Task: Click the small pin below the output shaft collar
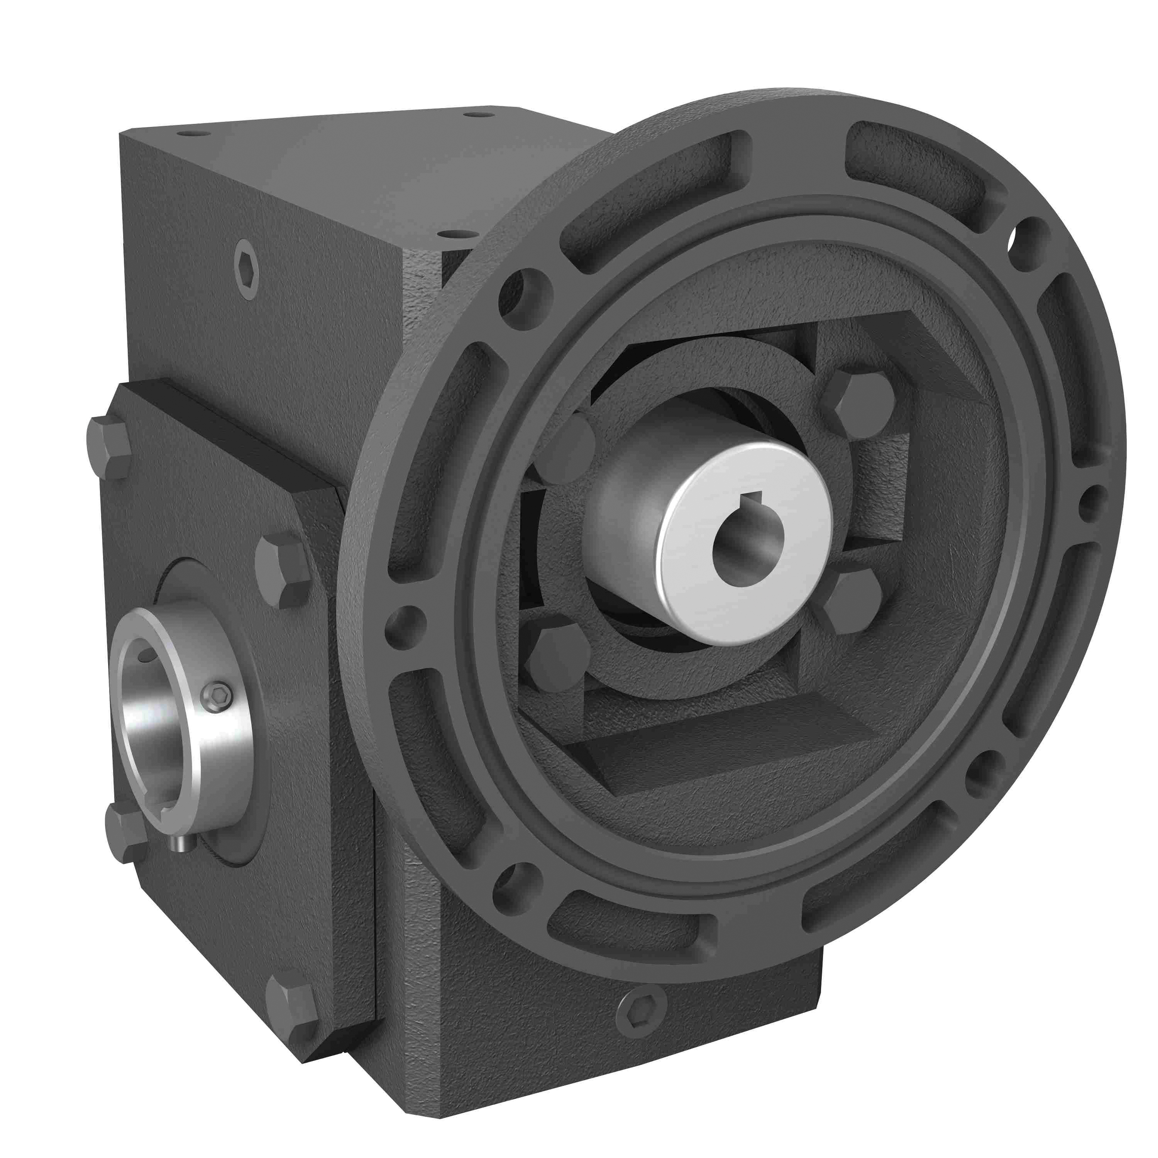pyautogui.click(x=180, y=844)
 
